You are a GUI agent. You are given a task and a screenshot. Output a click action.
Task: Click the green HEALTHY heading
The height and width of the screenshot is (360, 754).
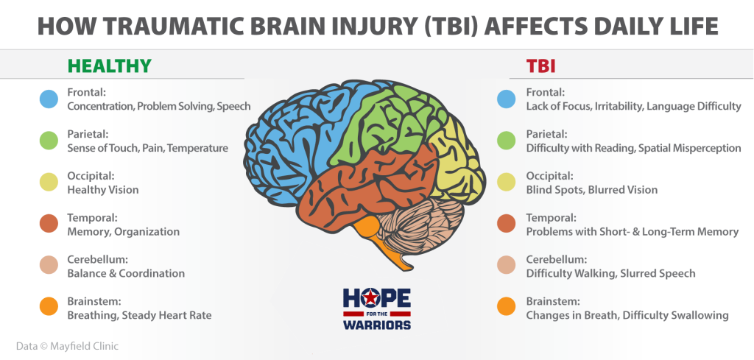tap(110, 66)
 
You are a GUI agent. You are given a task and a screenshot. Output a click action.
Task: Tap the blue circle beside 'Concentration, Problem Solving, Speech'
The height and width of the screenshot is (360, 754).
tap(49, 99)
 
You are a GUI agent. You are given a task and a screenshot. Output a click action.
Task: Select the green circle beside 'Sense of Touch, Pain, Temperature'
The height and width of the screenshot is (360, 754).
tap(49, 141)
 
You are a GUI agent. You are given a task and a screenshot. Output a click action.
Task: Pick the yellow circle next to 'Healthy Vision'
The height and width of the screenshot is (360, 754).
tap(49, 182)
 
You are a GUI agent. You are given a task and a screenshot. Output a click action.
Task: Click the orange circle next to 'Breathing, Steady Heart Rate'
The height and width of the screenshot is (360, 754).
tap(49, 306)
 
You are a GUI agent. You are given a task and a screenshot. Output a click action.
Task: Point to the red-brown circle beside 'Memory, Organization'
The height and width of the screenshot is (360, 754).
tap(49, 224)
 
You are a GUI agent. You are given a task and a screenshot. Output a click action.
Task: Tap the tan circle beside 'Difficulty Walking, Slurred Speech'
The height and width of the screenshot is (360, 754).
tap(507, 265)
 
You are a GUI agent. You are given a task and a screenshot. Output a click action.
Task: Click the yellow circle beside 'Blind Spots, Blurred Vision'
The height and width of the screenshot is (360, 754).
tap(507, 182)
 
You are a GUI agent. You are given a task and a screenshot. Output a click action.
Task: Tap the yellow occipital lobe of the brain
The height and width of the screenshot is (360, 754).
tap(457, 163)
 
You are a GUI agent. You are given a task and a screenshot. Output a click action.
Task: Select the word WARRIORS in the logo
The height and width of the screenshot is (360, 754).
tap(377, 325)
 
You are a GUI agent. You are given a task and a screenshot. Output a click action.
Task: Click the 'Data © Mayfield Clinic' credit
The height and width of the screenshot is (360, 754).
tap(67, 345)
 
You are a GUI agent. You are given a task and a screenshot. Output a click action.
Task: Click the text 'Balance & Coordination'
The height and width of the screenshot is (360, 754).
tap(126, 273)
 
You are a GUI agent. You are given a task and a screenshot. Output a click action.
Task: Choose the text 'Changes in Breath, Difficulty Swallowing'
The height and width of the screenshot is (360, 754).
tap(627, 316)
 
